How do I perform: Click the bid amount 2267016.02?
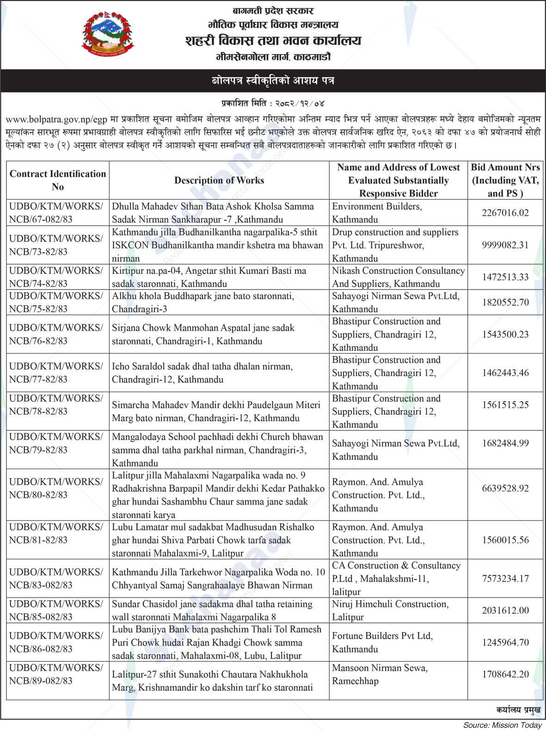(505, 213)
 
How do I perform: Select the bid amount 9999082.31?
(505, 245)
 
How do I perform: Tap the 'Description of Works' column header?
(219, 181)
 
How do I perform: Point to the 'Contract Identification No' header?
(58, 181)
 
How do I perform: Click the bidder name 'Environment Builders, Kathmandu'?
(377, 213)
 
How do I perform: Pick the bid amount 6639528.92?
(505, 488)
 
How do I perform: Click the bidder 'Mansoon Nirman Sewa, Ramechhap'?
(380, 674)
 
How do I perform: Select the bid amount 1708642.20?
(505, 674)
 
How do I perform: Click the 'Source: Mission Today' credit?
(503, 725)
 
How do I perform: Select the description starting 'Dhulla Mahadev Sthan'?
(213, 213)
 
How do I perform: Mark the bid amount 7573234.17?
(505, 579)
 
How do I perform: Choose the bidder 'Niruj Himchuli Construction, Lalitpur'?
(390, 610)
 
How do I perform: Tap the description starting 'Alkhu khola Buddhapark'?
(203, 302)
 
